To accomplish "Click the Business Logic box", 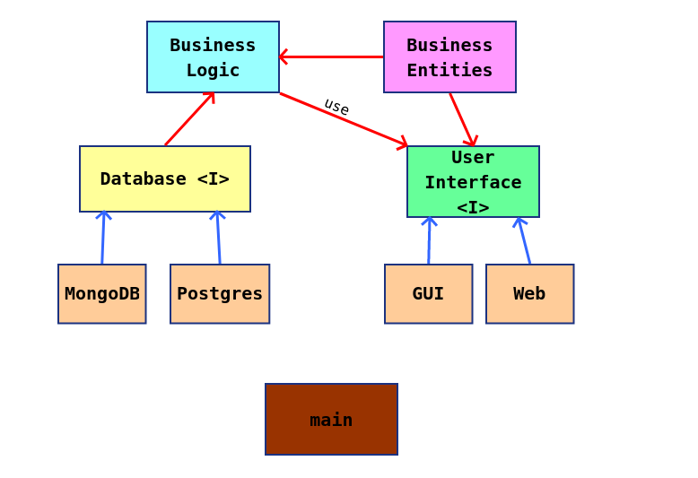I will point(213,56).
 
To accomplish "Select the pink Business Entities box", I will point(449,56).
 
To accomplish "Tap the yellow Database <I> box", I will point(164,178).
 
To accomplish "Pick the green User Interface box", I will point(473,181).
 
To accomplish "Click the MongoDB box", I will point(101,293).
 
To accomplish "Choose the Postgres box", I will point(220,293).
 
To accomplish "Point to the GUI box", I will point(428,293).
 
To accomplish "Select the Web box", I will point(529,293).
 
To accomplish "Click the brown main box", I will point(331,419).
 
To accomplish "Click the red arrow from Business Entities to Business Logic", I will point(331,56).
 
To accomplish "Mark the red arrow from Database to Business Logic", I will point(189,118).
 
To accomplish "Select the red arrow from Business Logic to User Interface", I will point(344,118).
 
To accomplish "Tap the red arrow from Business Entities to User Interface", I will point(461,119).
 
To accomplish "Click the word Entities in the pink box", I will point(449,70).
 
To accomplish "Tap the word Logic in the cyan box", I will point(213,70).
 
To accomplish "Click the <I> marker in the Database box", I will point(213,178).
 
